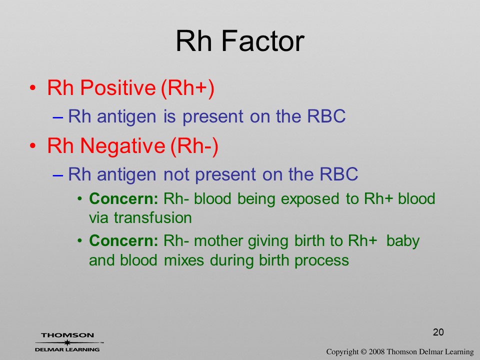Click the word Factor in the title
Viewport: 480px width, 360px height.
(x=262, y=41)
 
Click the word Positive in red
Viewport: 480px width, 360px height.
(x=118, y=88)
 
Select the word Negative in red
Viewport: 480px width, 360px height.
(x=122, y=146)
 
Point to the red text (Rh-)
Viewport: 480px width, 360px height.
(x=194, y=146)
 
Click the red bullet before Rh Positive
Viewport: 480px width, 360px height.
(x=33, y=88)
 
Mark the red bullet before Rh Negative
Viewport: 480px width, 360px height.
(x=33, y=146)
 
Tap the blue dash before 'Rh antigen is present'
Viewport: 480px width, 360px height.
(x=58, y=117)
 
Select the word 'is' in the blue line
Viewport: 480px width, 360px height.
(x=169, y=116)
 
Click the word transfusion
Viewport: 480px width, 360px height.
(x=153, y=218)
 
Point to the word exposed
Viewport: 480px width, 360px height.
(x=309, y=199)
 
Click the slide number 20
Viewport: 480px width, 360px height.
(x=438, y=332)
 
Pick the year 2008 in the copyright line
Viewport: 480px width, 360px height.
(x=377, y=352)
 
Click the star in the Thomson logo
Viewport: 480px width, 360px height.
(x=67, y=342)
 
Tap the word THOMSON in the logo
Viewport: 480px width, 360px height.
(x=67, y=335)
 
